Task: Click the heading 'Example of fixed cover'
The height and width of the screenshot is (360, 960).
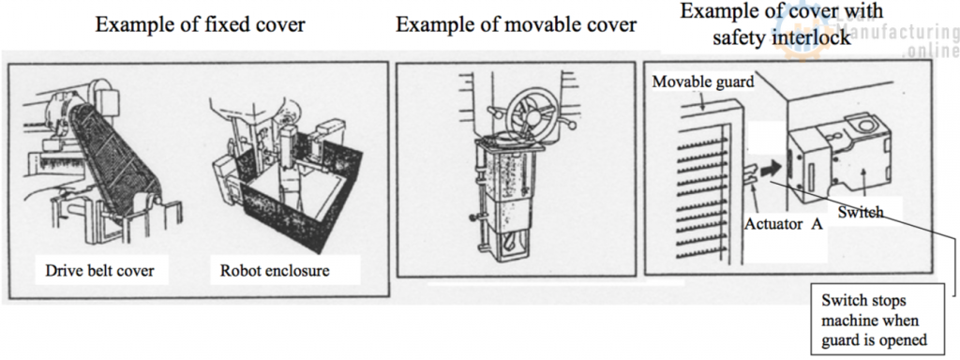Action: [x=200, y=25]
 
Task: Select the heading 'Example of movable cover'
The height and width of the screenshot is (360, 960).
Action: [x=517, y=25]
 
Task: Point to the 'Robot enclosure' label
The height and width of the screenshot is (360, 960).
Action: [x=275, y=271]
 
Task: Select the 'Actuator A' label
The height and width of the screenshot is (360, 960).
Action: [x=783, y=223]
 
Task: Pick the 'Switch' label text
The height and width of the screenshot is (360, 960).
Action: [x=861, y=213]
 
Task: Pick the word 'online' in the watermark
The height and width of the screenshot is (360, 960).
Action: [x=931, y=52]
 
